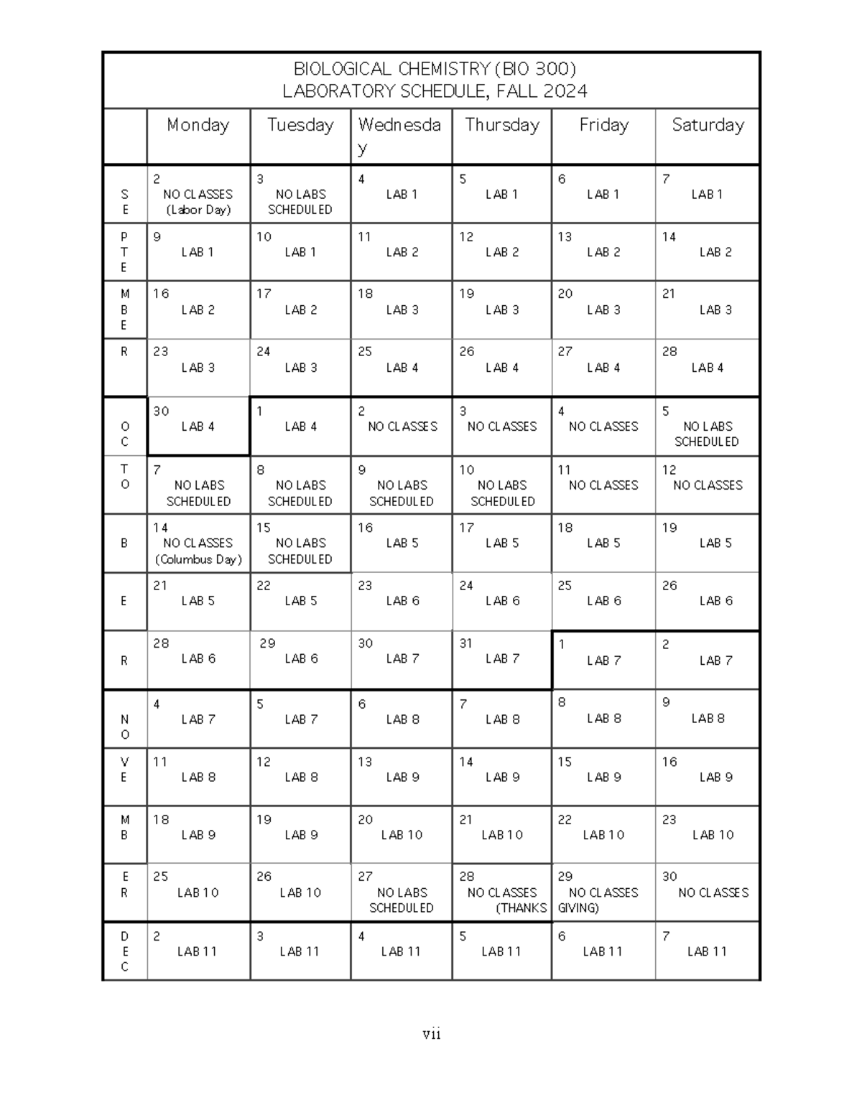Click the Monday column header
coord(198,125)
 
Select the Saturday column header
coord(708,125)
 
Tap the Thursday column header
coord(501,125)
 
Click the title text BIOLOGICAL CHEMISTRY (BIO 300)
coord(435,69)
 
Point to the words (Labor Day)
coord(198,210)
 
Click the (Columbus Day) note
coord(198,559)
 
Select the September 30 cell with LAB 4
coord(198,426)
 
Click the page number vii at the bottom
coord(431,1034)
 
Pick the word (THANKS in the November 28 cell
coord(522,908)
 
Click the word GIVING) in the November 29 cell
coord(578,908)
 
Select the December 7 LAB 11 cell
coord(707,951)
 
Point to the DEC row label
coord(124,951)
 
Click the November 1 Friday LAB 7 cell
coord(603,660)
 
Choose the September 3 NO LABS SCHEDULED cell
coord(300,202)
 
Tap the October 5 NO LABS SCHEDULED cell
coord(707,434)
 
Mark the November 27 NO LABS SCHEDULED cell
coord(402,900)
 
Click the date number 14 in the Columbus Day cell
coord(160,528)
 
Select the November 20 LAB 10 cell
coord(402,835)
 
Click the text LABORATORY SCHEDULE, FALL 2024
coord(435,91)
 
